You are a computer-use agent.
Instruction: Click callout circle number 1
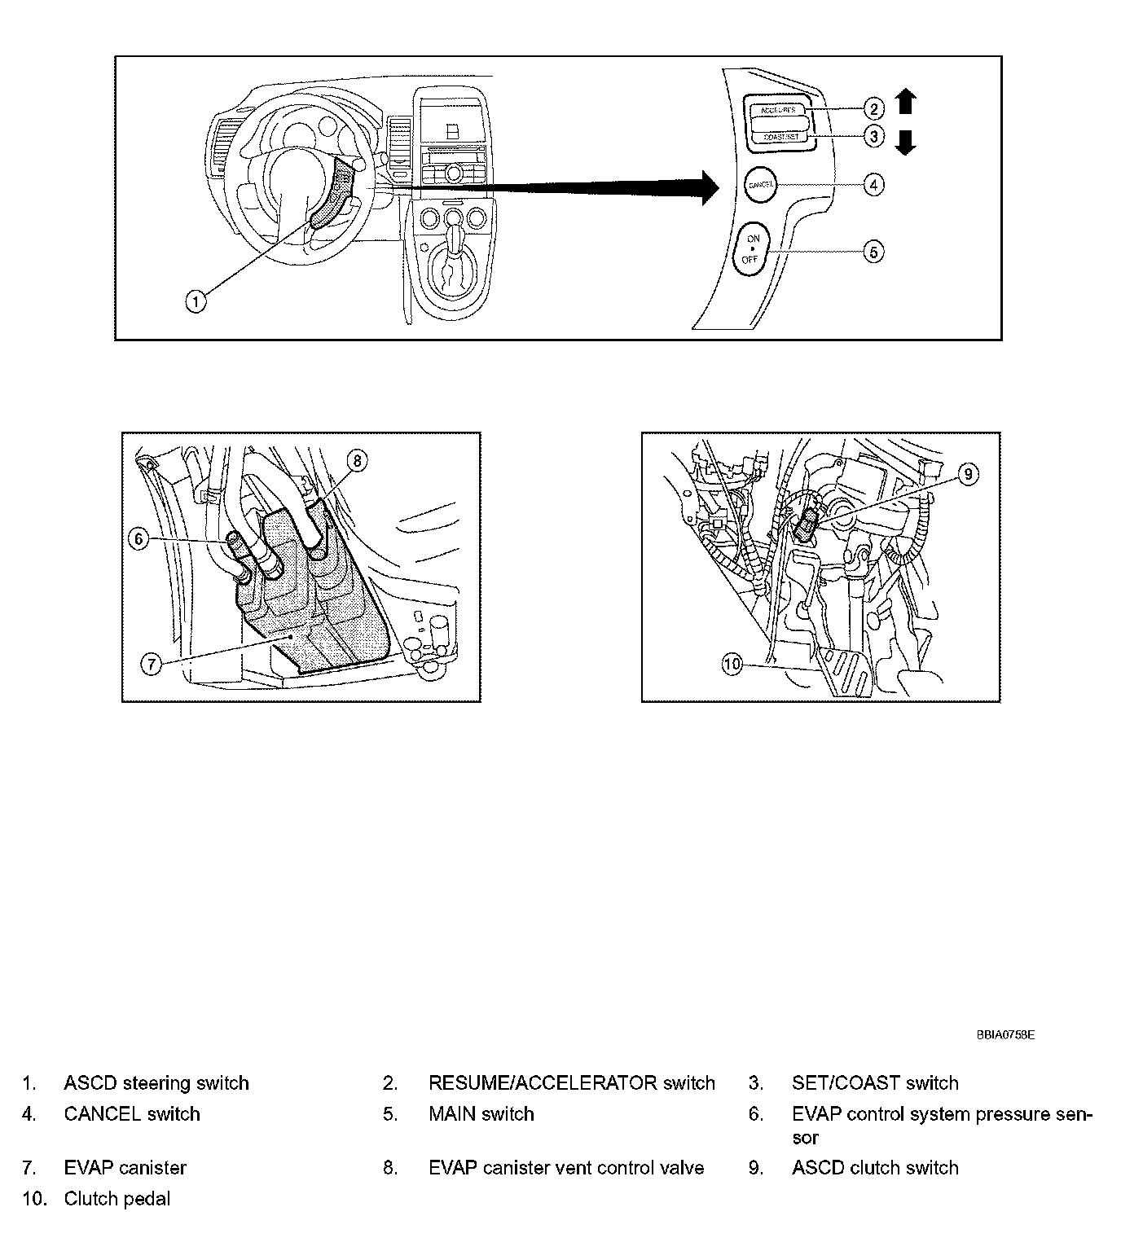196,301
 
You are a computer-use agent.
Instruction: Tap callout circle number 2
873,108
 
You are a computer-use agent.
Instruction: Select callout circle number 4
873,185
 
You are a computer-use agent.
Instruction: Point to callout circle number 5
873,252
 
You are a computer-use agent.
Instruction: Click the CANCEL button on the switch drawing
761,184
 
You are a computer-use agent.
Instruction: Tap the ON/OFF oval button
751,251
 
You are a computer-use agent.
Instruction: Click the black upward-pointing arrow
906,102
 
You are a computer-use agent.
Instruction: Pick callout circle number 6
139,538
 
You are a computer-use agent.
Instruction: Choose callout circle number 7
152,665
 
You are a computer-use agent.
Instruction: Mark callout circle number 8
357,461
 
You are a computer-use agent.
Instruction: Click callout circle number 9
967,474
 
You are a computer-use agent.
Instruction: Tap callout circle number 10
732,665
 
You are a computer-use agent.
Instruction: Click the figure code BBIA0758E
1005,1035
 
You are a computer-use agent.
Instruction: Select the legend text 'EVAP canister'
125,1168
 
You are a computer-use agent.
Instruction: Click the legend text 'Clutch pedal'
117,1199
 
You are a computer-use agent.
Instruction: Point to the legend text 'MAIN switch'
481,1114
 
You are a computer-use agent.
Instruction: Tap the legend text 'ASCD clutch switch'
874,1168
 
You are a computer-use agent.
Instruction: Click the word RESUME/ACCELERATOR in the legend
542,1083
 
